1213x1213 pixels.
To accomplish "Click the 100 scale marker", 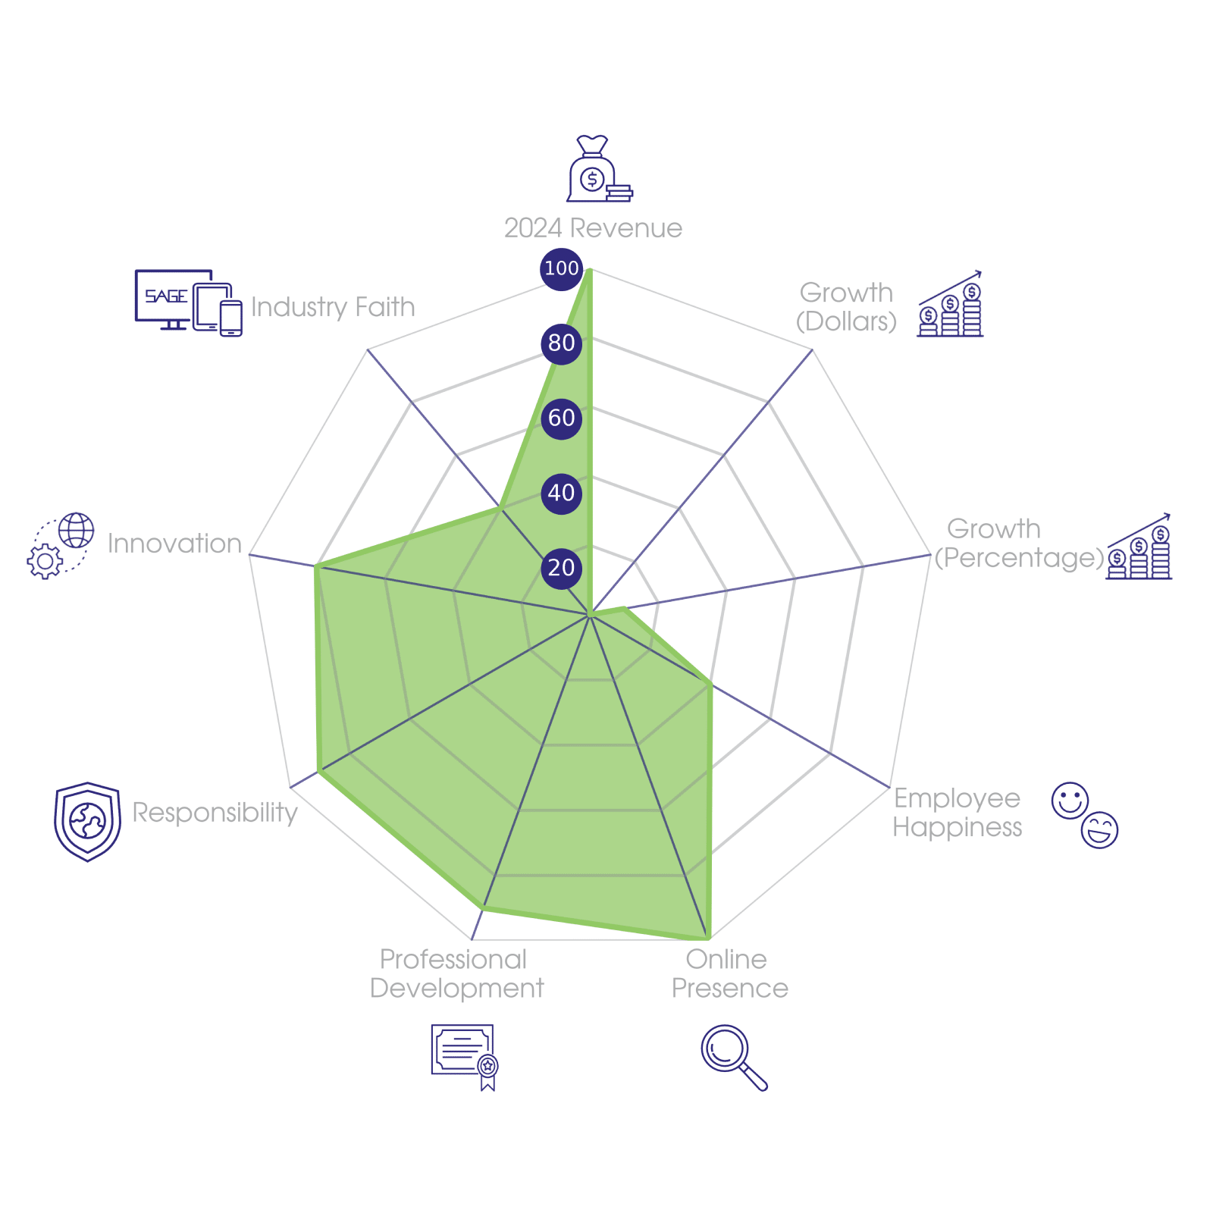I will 561,268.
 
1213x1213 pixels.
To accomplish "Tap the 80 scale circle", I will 561,343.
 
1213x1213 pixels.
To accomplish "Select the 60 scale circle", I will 561,418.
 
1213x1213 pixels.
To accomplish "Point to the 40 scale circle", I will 561,493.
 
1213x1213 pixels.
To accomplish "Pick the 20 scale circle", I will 561,568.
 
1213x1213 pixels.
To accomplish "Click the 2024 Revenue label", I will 593,228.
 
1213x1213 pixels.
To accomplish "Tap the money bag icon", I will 598,170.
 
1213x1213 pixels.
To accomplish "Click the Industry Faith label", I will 333,307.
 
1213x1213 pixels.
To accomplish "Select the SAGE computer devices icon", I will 188,302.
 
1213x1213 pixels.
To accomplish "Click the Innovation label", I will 174,544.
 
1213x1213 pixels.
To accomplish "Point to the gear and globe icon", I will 61,546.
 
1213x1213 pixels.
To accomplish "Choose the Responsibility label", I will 215,812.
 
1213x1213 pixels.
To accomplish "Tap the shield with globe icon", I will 87,821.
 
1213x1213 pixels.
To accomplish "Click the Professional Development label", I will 456,974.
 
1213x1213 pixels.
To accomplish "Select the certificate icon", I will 464,1057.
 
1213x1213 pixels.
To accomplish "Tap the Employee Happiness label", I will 958,813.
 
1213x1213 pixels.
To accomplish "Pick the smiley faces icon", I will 1085,815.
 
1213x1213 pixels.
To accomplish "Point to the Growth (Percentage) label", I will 1017,544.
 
